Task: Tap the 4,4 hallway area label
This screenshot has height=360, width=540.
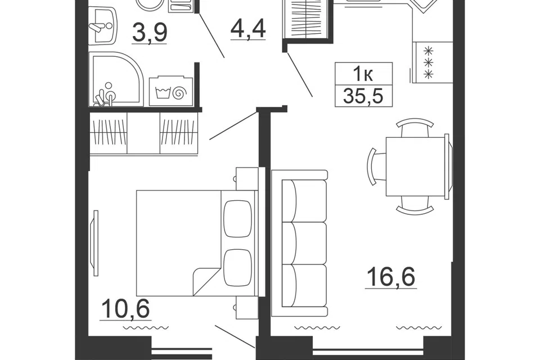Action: pos(248,28)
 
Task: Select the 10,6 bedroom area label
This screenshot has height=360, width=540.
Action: pos(125,308)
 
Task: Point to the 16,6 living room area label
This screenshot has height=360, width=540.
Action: pos(391,277)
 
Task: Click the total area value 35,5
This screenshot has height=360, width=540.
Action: pos(363,96)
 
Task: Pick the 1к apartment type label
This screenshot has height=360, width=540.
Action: pos(363,74)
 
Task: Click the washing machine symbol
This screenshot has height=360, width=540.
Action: pos(170,91)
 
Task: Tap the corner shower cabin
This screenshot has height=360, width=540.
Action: pos(115,79)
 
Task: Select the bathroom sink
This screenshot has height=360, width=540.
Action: pos(102,25)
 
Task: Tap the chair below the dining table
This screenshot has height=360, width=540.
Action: pos(415,205)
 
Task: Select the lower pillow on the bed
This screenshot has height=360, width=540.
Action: pos(237,267)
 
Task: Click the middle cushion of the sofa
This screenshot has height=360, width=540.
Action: pos(304,243)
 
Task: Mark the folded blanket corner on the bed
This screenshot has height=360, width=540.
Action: pos(206,281)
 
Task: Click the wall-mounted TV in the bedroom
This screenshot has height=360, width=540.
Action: pos(94,243)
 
